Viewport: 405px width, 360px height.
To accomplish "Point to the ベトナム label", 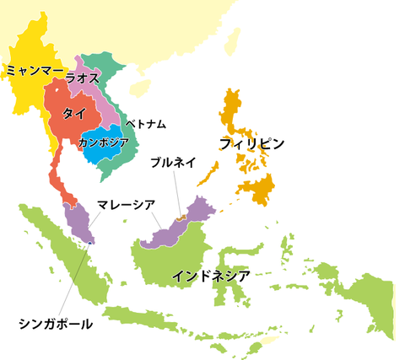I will point(145,124).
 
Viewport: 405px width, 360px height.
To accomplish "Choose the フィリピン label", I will point(252,143).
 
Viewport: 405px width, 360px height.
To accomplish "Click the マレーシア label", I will point(126,203).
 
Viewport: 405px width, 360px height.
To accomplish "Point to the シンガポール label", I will point(56,323).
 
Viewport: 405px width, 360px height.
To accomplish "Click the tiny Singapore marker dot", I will point(90,242).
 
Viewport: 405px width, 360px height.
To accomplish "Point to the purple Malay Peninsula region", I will point(78,221).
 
